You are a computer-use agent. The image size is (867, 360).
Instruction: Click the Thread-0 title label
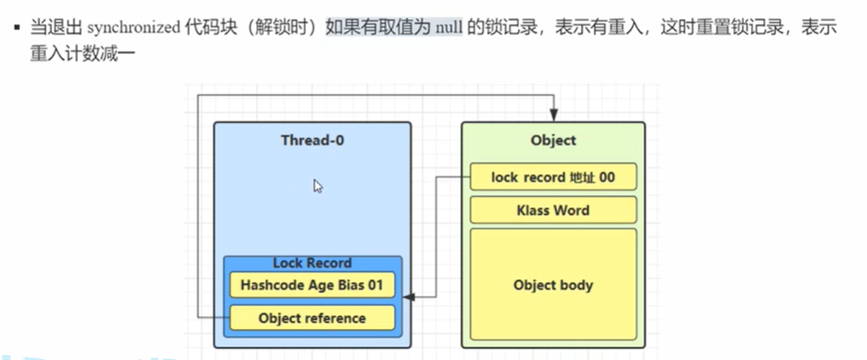tap(313, 140)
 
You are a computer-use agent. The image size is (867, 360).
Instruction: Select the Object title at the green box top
tap(553, 140)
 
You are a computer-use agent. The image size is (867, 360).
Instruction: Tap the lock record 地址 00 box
tap(553, 177)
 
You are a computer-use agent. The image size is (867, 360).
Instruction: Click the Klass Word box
tap(553, 210)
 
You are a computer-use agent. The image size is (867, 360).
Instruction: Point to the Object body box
tap(553, 285)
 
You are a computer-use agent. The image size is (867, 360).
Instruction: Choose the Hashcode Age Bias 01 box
tap(312, 285)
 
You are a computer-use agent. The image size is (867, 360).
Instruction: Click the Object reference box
tap(312, 318)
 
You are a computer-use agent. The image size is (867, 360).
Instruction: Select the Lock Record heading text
tap(313, 263)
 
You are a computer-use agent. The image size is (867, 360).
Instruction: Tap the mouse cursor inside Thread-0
tap(318, 186)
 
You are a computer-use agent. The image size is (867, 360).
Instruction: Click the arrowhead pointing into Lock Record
tap(408, 297)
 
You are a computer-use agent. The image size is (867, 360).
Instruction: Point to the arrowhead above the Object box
tap(554, 115)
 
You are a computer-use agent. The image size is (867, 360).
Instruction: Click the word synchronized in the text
tap(132, 28)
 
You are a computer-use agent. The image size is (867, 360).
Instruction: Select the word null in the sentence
tap(449, 28)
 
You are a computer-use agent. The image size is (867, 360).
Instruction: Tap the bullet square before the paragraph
tap(17, 26)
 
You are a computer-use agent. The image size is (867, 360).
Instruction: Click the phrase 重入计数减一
tap(82, 55)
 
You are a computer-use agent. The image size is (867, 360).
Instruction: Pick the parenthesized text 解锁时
tap(284, 28)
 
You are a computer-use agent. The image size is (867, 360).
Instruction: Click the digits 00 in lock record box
tap(606, 177)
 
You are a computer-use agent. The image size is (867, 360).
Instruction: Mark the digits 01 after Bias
tap(374, 286)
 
